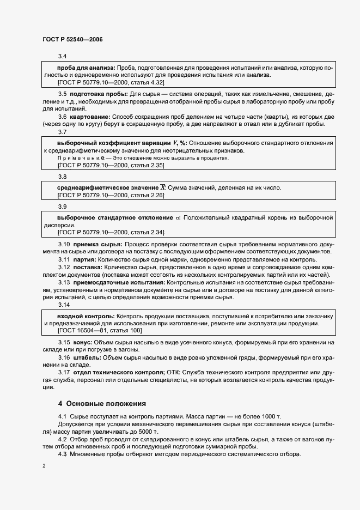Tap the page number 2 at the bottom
(x=44, y=466)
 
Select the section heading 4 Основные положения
(x=102, y=404)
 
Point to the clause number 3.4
(x=62, y=57)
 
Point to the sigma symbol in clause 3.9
(x=176, y=217)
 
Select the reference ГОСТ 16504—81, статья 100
(x=99, y=330)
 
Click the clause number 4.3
(x=62, y=454)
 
